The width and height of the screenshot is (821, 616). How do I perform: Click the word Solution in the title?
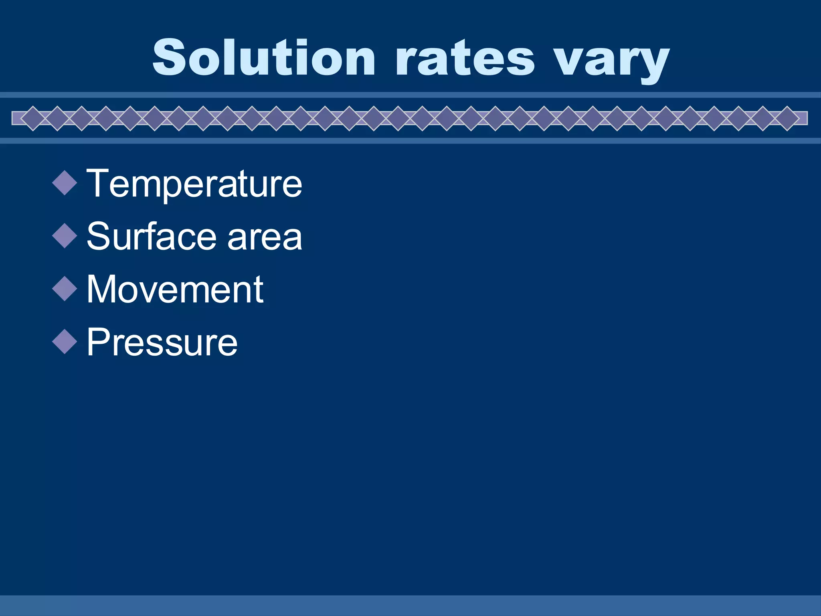pyautogui.click(x=264, y=57)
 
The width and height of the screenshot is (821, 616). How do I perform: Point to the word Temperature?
pyautogui.click(x=194, y=184)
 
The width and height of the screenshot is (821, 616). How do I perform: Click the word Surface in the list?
pyautogui.click(x=152, y=236)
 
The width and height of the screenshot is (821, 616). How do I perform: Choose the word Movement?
pyautogui.click(x=175, y=289)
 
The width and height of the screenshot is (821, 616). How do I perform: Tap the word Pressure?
pyautogui.click(x=162, y=342)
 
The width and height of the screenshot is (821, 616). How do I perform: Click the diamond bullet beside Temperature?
pyautogui.click(x=65, y=183)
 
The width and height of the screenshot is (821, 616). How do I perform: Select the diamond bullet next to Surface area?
pyautogui.click(x=65, y=236)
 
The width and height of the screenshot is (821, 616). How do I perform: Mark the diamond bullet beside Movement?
pyautogui.click(x=65, y=289)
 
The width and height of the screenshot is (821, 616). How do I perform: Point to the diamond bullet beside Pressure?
pyautogui.click(x=65, y=342)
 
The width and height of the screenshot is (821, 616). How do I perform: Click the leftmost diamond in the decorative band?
pyautogui.click(x=33, y=118)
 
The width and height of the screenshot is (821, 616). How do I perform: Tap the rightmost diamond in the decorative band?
pyautogui.click(x=787, y=118)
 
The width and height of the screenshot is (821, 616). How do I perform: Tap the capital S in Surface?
pyautogui.click(x=98, y=236)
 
